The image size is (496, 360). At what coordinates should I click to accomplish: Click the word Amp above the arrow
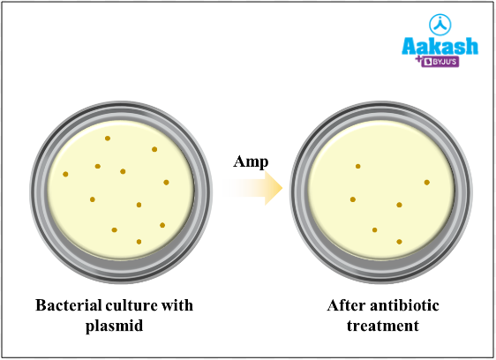[251, 161]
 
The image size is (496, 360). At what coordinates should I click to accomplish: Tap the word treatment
[383, 326]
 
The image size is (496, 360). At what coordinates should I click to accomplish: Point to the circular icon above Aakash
[440, 23]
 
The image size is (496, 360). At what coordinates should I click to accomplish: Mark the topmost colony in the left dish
[108, 139]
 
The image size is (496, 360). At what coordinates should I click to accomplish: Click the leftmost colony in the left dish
[65, 174]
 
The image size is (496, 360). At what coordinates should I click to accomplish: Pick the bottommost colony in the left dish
[139, 241]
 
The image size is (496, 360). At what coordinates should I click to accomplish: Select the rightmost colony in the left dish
[166, 183]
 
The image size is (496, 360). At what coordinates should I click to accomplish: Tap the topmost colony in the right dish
[357, 166]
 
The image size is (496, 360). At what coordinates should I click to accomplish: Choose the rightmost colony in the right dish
[427, 183]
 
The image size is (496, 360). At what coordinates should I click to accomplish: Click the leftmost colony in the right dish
[353, 199]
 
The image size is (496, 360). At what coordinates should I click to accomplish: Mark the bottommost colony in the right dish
[400, 241]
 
